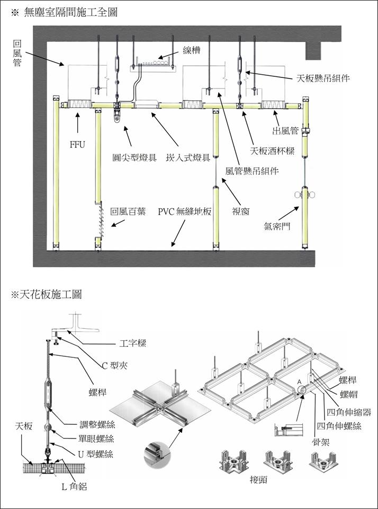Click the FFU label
77,143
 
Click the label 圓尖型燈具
134,157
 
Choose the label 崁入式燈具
188,157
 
